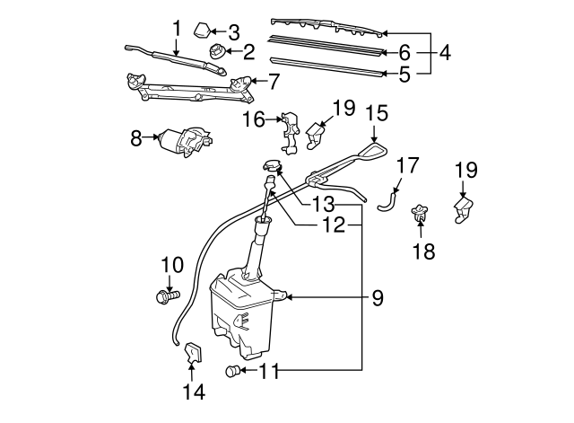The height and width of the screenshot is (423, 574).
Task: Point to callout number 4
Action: (446, 53)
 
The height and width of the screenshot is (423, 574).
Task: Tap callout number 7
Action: (274, 83)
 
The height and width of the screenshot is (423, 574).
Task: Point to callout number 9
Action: (377, 298)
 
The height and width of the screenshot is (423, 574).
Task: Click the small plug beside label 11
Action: (234, 371)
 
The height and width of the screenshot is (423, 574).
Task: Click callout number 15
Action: (377, 113)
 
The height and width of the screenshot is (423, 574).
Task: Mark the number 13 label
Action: (322, 204)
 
